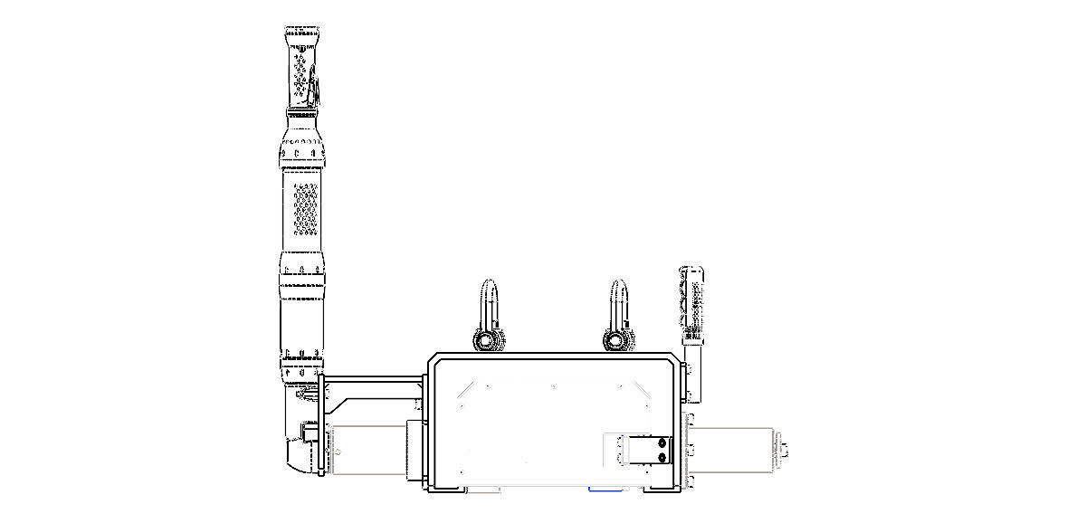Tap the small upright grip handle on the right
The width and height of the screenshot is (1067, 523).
(692, 303)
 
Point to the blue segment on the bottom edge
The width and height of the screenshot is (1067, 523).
(604, 490)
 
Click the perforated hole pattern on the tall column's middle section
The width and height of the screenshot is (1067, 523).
(305, 207)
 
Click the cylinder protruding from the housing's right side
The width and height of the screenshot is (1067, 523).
(733, 448)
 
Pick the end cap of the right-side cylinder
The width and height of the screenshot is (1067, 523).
(783, 448)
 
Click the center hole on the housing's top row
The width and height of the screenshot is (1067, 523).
(554, 386)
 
